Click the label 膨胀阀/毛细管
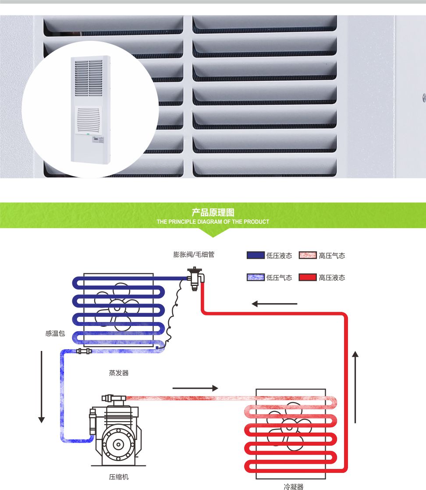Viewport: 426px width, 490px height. point(194,254)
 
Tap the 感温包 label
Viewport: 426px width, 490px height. point(55,333)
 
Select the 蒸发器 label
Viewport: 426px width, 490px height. point(119,373)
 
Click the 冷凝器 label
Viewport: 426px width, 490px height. point(293,486)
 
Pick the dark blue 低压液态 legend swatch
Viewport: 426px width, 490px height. point(256,255)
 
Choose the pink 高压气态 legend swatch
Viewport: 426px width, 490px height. point(308,255)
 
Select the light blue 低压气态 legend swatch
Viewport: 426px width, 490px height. point(256,277)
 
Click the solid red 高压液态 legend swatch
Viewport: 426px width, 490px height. point(308,277)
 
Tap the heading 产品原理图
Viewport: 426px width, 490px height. point(213,213)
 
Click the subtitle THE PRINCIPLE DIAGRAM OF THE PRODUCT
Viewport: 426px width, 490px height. point(213,222)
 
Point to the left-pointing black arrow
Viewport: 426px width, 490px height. point(274,304)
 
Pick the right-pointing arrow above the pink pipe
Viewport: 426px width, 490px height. point(195,388)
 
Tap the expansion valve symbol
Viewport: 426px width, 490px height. point(193,278)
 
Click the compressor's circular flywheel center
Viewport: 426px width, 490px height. point(117,444)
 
